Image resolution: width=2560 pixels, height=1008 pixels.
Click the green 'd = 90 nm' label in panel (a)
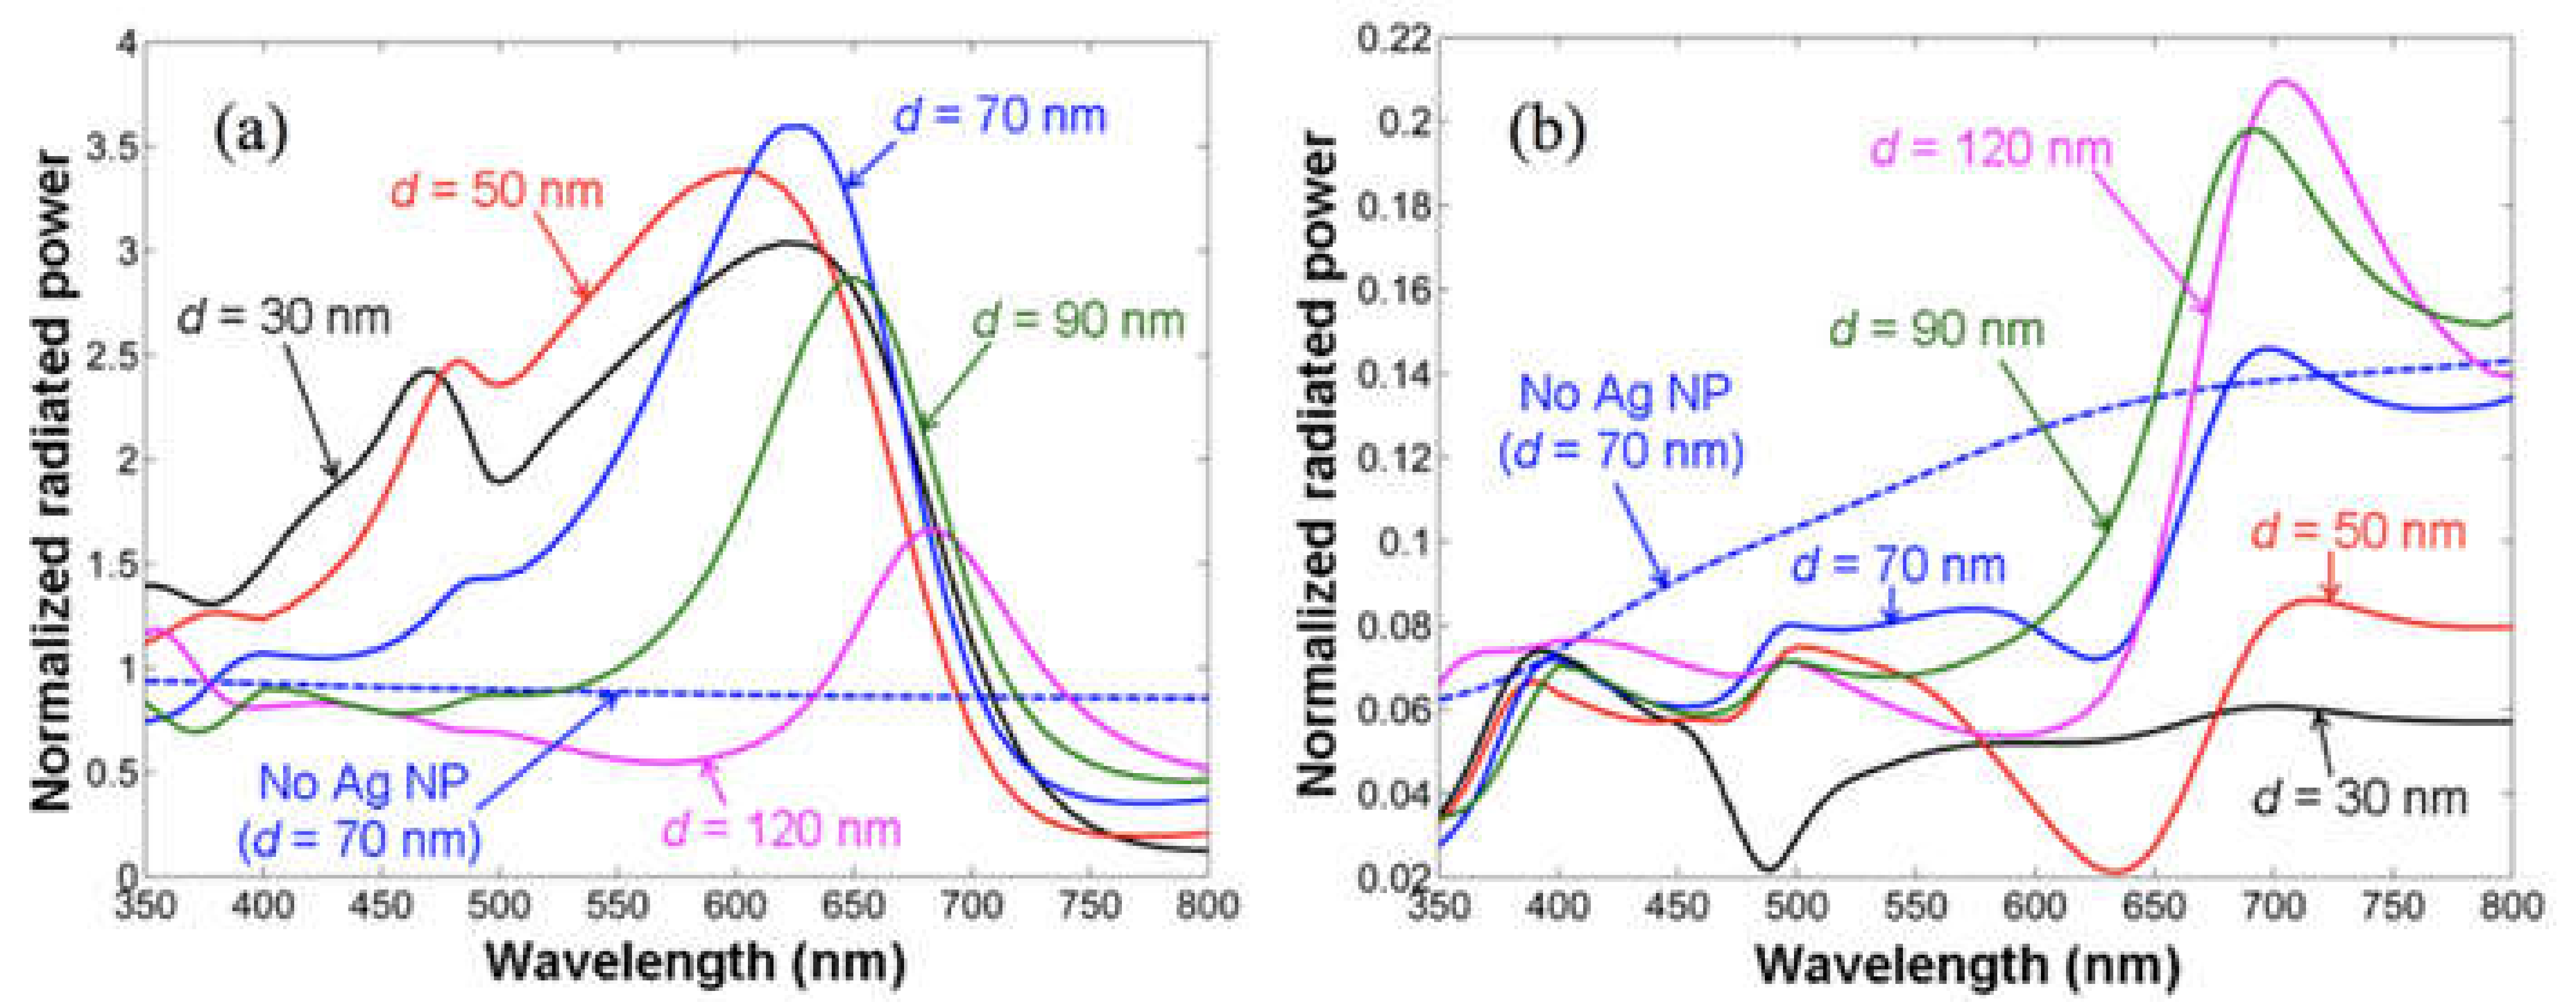[x=1078, y=321]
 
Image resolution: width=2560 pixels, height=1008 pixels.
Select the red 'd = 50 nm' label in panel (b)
[x=2357, y=532]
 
